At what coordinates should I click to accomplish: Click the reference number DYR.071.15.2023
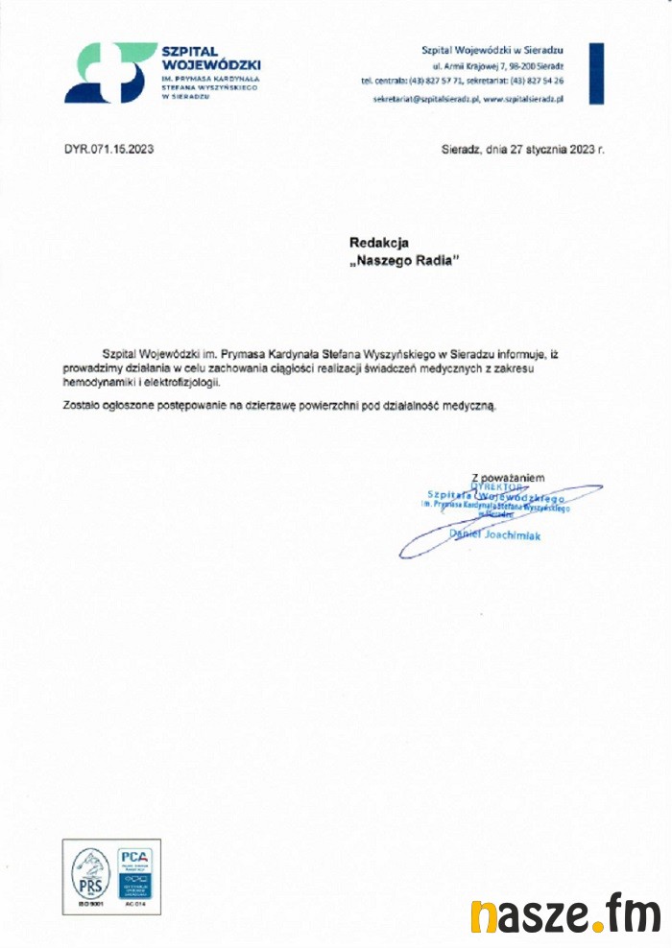click(108, 150)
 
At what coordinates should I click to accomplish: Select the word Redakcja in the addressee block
click(379, 244)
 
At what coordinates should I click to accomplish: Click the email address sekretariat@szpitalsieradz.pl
click(425, 98)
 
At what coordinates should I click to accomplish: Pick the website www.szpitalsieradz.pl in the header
click(523, 98)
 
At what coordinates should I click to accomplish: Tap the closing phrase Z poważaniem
click(509, 477)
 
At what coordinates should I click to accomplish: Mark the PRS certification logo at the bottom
click(90, 873)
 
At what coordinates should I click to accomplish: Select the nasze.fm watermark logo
click(566, 914)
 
